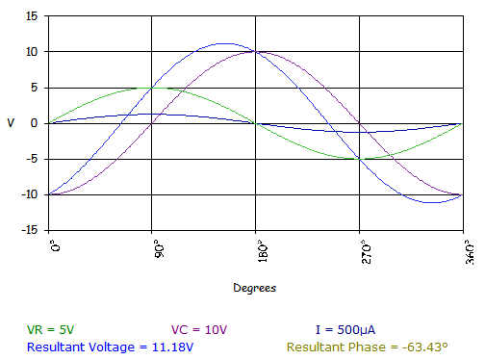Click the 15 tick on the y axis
coord(32,15)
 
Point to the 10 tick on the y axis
coord(32,51)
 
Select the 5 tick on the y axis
coord(35,87)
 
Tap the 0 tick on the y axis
coord(35,123)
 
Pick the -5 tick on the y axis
coord(32,159)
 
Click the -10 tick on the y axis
coord(30,194)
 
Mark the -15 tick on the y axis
coord(30,230)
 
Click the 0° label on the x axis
coord(54,246)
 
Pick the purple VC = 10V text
coord(199,330)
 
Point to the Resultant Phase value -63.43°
coord(429,346)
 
